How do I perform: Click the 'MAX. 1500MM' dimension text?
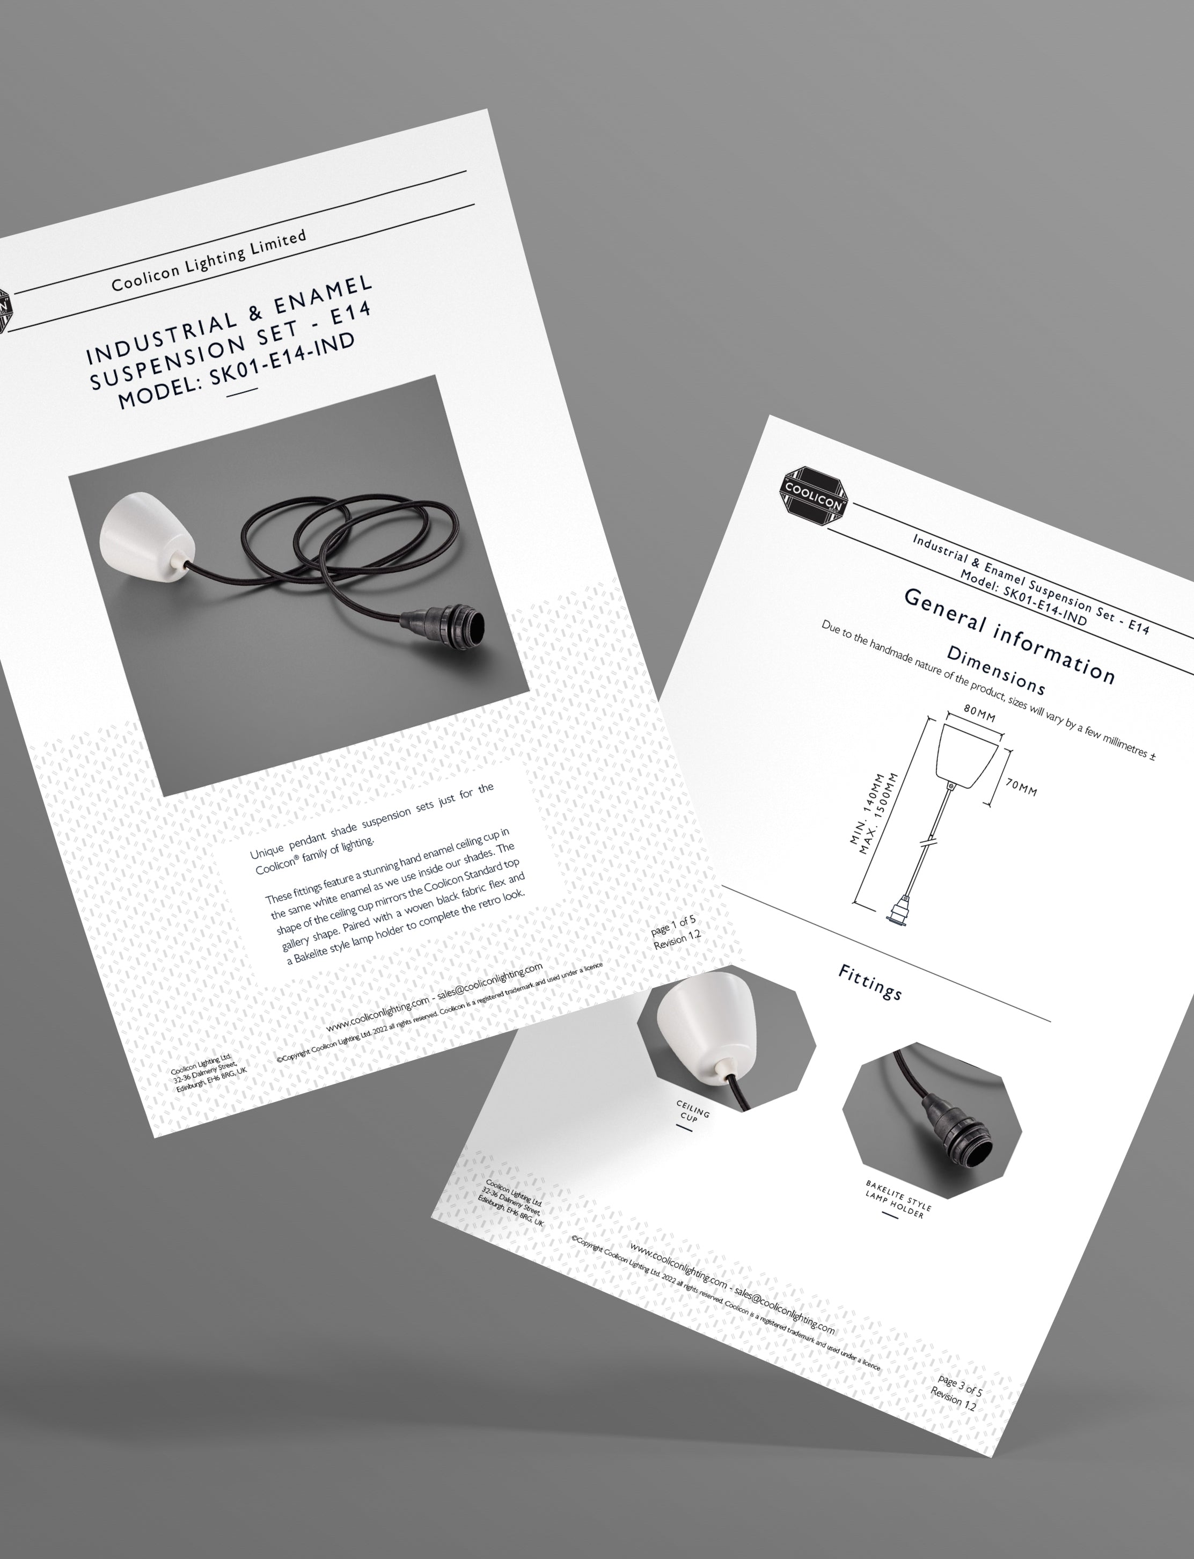878,813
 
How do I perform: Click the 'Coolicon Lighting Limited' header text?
209,261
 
